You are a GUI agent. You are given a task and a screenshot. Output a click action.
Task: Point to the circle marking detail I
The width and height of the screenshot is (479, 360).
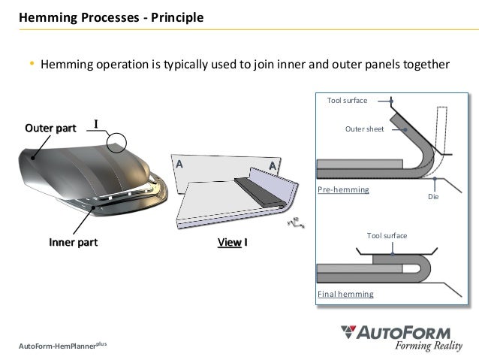click(x=117, y=141)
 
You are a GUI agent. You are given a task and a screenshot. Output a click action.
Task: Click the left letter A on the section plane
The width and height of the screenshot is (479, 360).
click(x=179, y=163)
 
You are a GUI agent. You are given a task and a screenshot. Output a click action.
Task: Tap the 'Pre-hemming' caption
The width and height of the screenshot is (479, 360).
click(x=344, y=191)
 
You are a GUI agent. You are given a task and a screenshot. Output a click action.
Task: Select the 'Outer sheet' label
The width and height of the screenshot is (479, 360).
click(x=364, y=129)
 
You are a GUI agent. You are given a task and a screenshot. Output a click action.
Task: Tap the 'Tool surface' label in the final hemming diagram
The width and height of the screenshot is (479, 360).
click(x=387, y=235)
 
